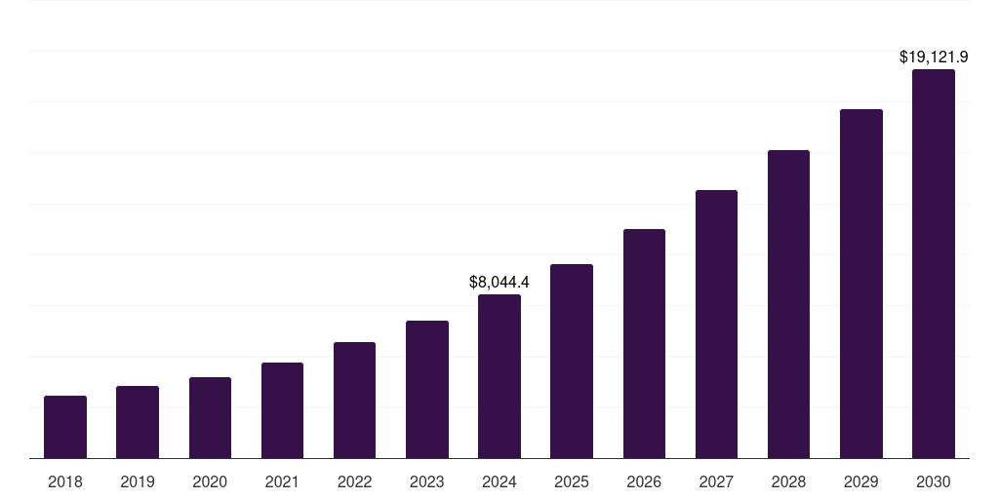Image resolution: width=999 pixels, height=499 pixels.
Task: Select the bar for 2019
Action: click(138, 422)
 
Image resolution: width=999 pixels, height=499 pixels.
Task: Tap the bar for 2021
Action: click(282, 410)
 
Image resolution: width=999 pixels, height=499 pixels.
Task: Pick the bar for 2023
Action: click(427, 389)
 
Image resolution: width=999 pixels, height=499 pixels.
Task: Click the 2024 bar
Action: click(499, 376)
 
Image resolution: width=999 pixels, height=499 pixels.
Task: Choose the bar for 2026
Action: click(644, 343)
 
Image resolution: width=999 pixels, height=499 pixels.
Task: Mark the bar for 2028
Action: click(788, 304)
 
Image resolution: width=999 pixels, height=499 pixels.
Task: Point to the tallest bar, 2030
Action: click(934, 263)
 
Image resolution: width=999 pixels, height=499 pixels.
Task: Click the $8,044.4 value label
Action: click(499, 283)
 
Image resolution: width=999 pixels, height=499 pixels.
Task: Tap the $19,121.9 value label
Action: click(934, 58)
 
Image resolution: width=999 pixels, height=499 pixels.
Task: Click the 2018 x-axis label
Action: click(65, 481)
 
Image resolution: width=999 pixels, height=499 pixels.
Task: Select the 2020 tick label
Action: click(210, 481)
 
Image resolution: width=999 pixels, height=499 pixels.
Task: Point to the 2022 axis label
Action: click(354, 481)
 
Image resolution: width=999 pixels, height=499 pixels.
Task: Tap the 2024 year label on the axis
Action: click(499, 481)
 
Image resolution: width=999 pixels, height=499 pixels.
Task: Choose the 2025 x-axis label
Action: click(572, 481)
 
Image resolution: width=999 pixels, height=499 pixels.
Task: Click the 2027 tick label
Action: click(716, 481)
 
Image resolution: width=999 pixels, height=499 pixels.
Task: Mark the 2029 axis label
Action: click(860, 481)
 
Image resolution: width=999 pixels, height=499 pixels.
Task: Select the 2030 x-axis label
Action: click(934, 481)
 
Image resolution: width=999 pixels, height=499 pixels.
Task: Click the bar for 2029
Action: click(860, 284)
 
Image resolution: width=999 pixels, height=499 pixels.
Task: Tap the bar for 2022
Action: click(354, 400)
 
